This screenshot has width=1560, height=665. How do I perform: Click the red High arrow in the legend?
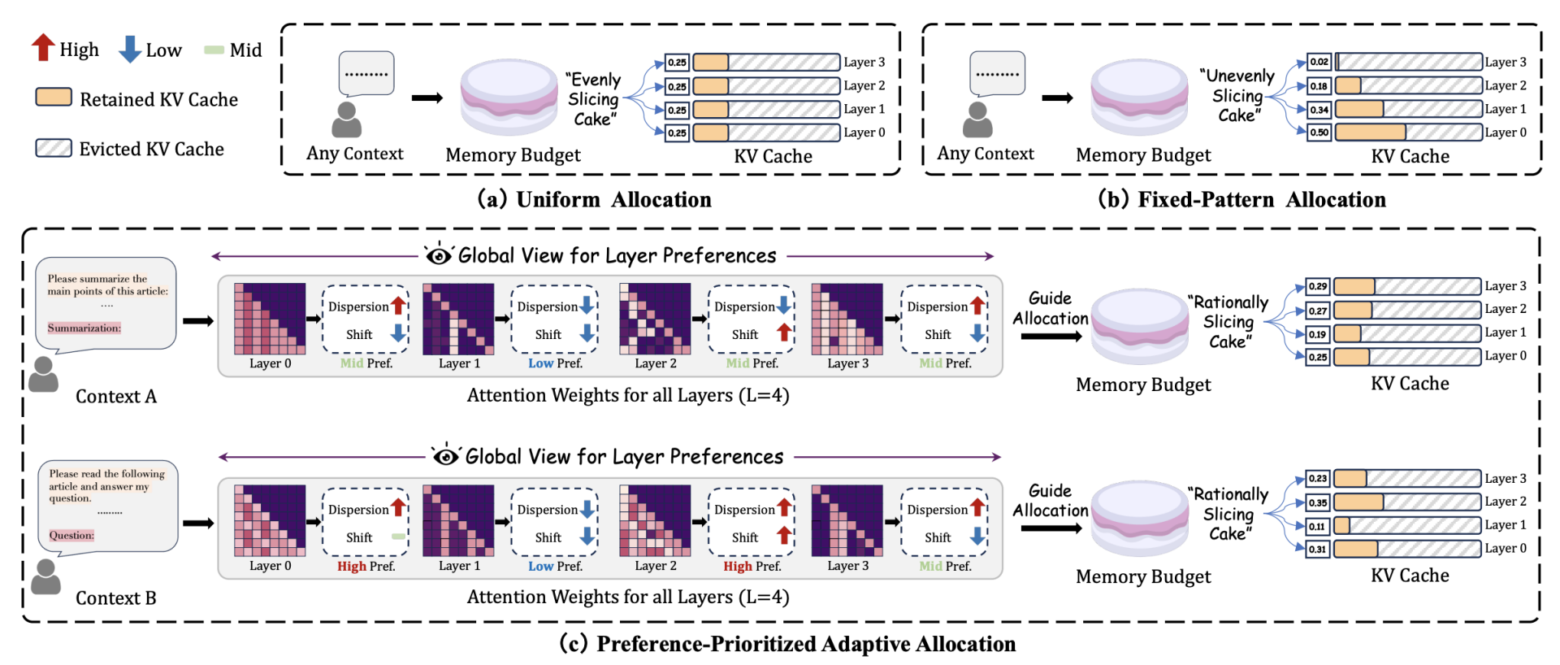click(43, 48)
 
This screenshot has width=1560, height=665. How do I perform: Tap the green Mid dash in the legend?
click(214, 50)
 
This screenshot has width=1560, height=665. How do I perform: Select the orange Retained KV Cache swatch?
click(54, 98)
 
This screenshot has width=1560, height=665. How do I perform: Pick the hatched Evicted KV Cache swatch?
click(54, 148)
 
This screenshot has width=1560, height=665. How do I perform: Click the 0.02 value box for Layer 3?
click(1319, 62)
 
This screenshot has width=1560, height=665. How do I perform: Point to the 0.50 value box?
click(1319, 133)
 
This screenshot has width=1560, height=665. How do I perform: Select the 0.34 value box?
click(1319, 109)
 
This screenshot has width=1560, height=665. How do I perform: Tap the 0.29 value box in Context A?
click(1317, 286)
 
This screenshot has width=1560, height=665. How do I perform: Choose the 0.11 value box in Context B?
click(1317, 525)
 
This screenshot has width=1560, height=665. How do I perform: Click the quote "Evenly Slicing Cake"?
click(593, 99)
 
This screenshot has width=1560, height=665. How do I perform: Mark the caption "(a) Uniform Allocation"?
click(594, 200)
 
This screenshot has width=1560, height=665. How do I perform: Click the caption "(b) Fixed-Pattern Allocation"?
click(1241, 200)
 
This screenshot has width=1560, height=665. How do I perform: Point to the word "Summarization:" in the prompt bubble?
click(84, 328)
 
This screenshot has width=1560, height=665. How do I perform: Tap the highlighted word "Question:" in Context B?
click(71, 536)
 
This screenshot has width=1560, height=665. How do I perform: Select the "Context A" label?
click(116, 397)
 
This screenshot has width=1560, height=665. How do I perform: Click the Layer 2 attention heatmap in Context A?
click(655, 319)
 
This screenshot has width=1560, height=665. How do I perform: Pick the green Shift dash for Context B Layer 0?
click(398, 537)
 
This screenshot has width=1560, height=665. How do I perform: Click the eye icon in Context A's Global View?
click(439, 255)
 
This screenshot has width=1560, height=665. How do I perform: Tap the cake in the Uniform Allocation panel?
click(509, 98)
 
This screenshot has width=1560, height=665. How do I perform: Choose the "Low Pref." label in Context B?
click(555, 566)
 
